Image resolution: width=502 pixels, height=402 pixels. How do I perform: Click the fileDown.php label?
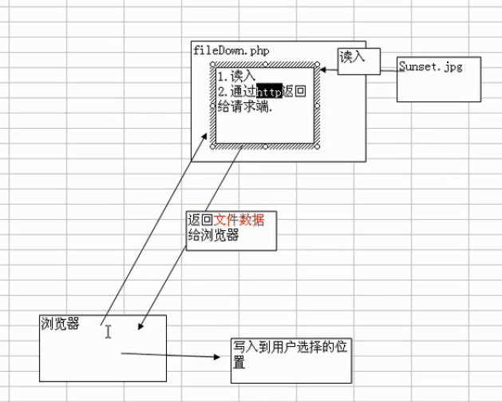click(x=231, y=50)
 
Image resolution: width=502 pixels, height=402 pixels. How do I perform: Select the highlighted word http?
click(x=270, y=92)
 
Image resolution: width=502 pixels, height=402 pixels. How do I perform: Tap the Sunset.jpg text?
click(x=430, y=67)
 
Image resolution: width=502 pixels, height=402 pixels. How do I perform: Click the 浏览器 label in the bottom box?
click(x=60, y=324)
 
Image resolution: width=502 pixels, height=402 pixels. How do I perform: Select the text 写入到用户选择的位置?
click(x=290, y=355)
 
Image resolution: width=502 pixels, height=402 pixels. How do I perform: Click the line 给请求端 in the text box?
click(x=245, y=107)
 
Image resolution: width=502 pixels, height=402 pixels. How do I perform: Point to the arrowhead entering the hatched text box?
click(x=322, y=70)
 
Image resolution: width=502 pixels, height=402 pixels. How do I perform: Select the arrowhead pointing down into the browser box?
click(x=140, y=326)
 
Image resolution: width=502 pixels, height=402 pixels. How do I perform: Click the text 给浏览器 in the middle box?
click(x=213, y=236)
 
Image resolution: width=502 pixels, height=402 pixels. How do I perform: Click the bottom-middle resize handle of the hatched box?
click(x=264, y=147)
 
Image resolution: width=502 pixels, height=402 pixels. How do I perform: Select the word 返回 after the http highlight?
click(x=294, y=92)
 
